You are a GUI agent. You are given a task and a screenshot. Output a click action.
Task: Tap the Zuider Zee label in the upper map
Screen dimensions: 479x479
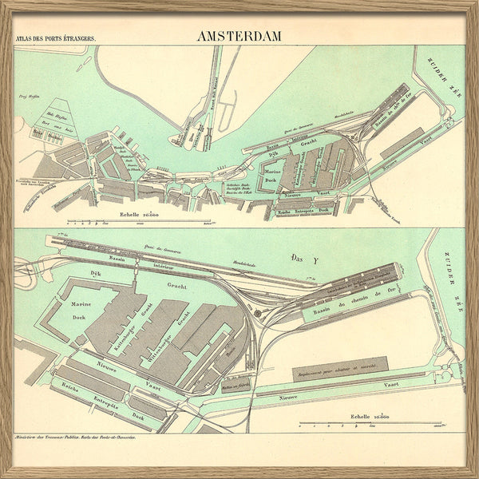440,73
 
